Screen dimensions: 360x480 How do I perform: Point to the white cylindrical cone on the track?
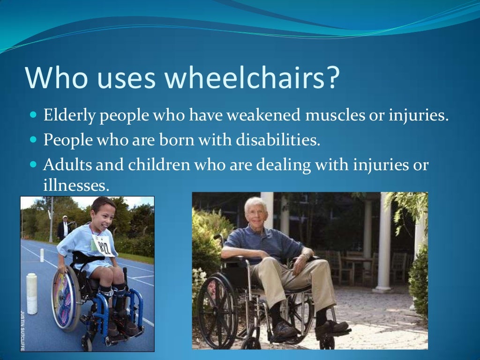pos(31,293)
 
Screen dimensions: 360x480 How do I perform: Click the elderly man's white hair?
pos(255,202)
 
